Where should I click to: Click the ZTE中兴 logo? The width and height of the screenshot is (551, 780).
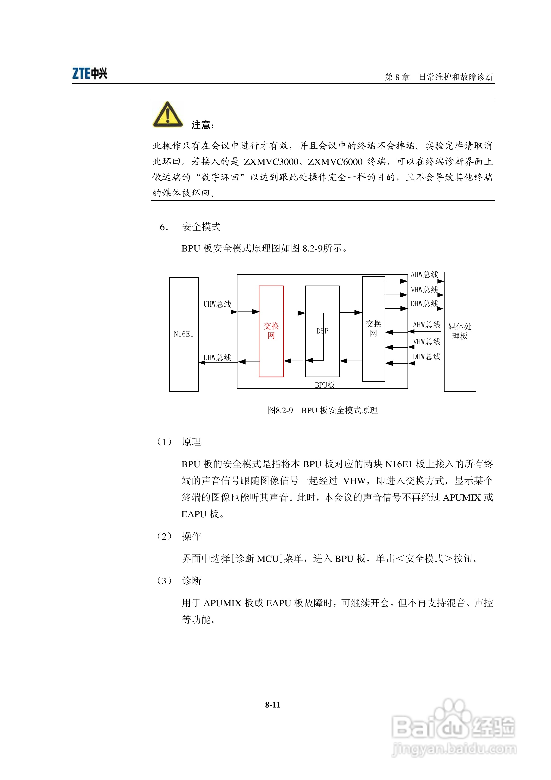pyautogui.click(x=90, y=73)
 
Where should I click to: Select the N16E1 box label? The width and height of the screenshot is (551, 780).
pyautogui.click(x=184, y=334)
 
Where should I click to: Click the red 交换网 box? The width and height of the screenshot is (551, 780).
pyautogui.click(x=271, y=331)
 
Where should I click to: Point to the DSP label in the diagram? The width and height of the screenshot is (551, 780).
pyautogui.click(x=322, y=331)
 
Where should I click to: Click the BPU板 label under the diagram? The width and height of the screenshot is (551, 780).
pyautogui.click(x=324, y=385)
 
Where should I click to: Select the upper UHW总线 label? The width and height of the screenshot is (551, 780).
pyautogui.click(x=217, y=304)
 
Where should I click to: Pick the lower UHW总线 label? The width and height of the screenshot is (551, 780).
pyautogui.click(x=217, y=357)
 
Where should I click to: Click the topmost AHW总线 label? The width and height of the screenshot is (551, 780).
pyautogui.click(x=424, y=274)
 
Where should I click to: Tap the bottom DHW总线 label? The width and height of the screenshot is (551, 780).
pyautogui.click(x=427, y=356)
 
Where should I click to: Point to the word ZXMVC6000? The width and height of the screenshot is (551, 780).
pyautogui.click(x=335, y=162)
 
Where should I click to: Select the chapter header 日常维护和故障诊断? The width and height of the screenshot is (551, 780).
pyautogui.click(x=456, y=77)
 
